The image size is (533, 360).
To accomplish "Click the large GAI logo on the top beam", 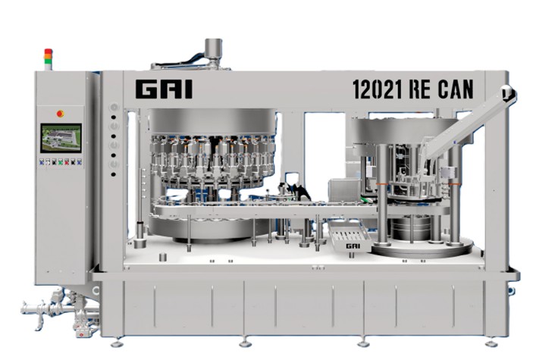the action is (164, 89).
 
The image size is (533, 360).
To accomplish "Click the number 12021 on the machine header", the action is (377, 89).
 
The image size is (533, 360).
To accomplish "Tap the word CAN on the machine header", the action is (456, 89).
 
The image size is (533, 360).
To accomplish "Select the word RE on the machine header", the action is (420, 89).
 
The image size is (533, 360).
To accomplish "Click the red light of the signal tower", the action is (49, 52).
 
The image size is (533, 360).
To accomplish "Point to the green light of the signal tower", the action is (49, 61).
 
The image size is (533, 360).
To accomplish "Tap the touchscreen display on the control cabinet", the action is (61, 139).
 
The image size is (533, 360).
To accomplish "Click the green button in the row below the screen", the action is (61, 162).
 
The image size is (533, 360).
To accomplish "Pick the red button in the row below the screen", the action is (67, 162).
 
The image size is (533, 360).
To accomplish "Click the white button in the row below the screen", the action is (48, 162).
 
